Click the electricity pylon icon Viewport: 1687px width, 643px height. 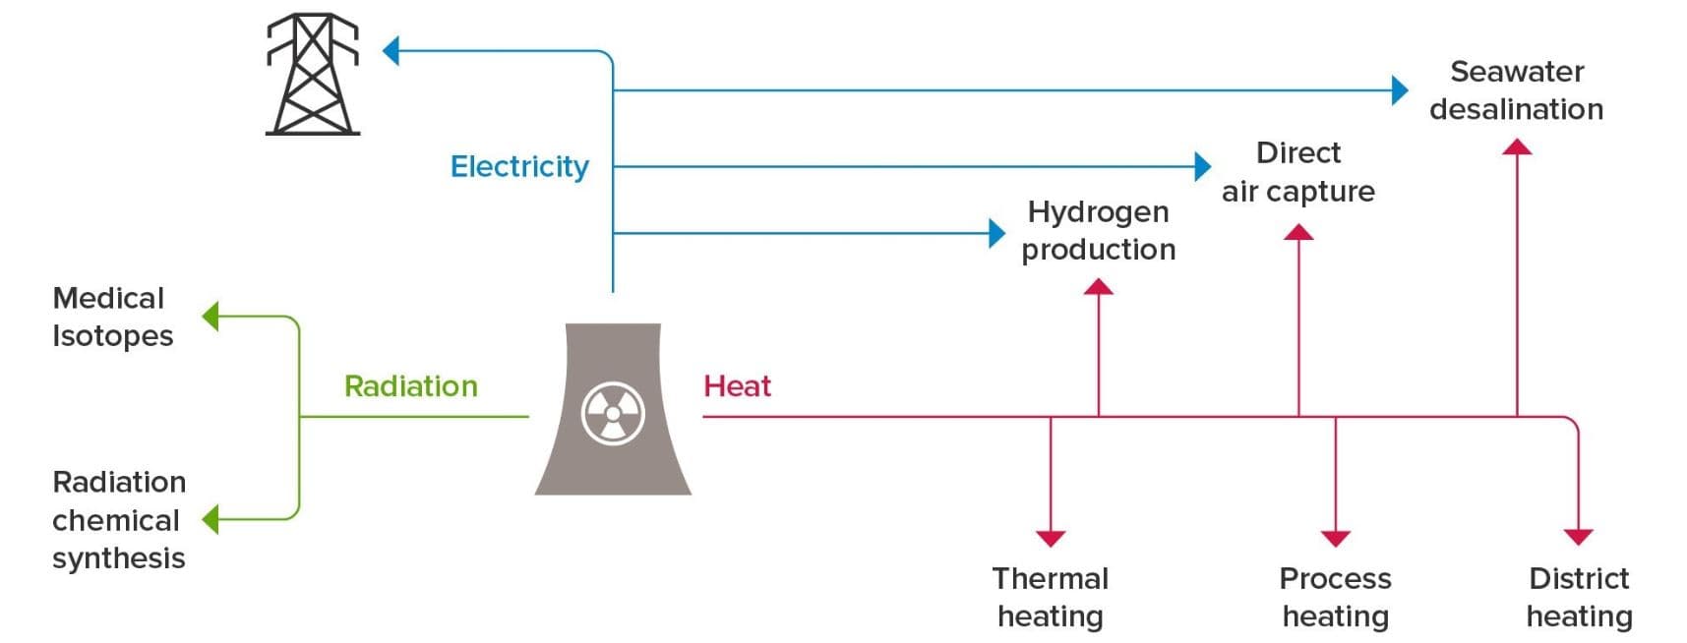(x=313, y=74)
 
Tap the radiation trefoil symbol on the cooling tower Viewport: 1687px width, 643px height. (x=613, y=414)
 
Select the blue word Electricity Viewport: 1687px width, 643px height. (x=519, y=167)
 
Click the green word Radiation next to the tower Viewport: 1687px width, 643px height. (x=411, y=385)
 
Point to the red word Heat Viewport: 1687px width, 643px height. (x=737, y=385)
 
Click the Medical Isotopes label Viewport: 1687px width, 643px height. (x=112, y=317)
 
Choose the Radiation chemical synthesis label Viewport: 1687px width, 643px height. (x=119, y=519)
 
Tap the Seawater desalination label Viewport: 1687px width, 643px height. (x=1516, y=89)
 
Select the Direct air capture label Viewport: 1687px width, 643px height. (x=1298, y=172)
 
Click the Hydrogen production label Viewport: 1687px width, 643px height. (x=1098, y=230)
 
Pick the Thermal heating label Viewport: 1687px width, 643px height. (x=1051, y=597)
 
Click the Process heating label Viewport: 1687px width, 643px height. (x=1335, y=597)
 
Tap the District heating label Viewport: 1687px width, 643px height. (x=1579, y=597)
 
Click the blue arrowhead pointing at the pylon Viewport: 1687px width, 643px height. (x=391, y=51)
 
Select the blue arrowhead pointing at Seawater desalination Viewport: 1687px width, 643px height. (x=1400, y=90)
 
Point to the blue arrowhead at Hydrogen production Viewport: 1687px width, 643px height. (x=997, y=233)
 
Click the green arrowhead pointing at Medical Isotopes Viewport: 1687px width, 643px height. (x=211, y=317)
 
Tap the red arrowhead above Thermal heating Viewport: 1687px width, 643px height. (x=1051, y=538)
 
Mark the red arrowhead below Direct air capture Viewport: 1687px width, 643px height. (x=1298, y=232)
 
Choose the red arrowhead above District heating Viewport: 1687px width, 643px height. (x=1578, y=537)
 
